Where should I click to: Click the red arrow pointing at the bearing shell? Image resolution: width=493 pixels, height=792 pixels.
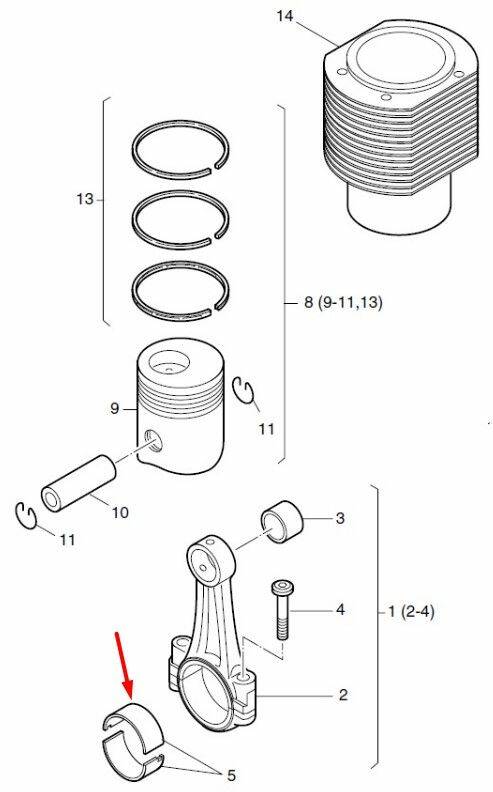point(124,666)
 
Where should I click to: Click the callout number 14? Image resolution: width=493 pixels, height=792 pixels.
point(284,16)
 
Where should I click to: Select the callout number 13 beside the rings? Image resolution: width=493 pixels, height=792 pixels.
point(85,199)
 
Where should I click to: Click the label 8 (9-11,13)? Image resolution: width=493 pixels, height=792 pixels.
point(343,303)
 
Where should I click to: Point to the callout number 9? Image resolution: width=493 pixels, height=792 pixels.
point(115,408)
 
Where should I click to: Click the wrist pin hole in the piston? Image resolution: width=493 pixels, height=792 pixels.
point(153,440)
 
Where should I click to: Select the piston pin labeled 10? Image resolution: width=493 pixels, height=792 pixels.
point(78,483)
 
